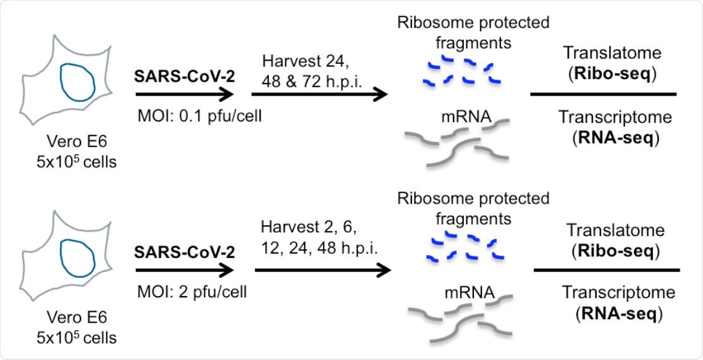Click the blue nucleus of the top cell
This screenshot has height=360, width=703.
[78, 80]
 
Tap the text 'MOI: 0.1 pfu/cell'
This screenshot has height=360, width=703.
[182, 118]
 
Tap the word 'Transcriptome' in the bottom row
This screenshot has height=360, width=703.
[608, 292]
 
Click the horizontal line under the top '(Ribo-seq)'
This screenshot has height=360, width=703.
[603, 94]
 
